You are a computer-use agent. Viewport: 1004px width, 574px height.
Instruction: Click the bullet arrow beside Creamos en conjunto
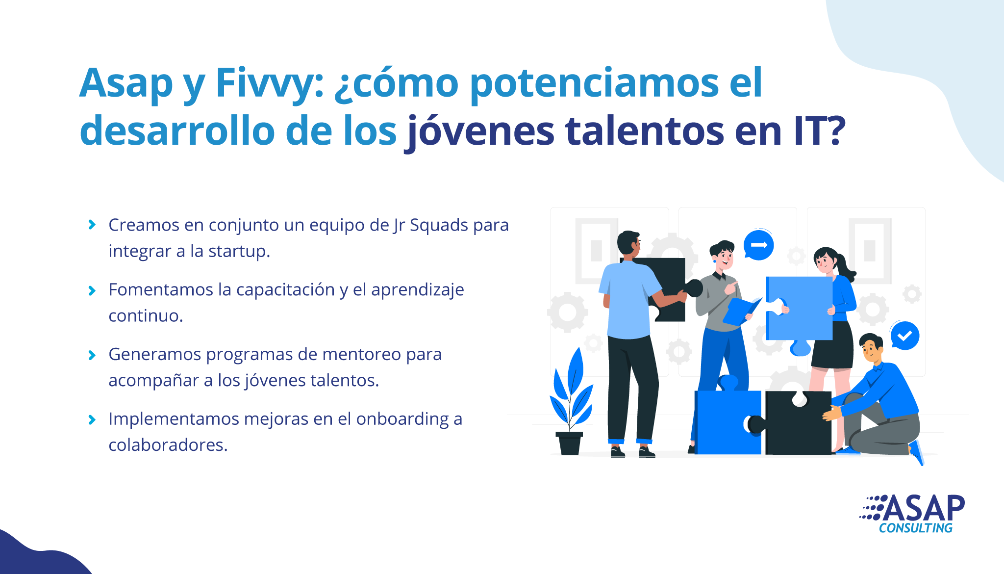tap(92, 225)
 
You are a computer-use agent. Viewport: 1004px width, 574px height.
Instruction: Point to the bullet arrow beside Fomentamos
tap(92, 290)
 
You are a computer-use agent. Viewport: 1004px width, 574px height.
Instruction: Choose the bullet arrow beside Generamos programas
tap(92, 355)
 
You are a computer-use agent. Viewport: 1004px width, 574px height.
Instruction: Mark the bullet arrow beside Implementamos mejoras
tap(92, 419)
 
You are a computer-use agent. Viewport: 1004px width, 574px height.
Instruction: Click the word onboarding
tap(402, 420)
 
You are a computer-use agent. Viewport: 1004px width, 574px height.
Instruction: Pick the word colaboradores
tap(168, 445)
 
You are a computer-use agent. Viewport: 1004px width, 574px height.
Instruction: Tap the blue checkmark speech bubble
tap(904, 336)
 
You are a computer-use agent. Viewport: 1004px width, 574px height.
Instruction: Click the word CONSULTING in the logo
tap(915, 528)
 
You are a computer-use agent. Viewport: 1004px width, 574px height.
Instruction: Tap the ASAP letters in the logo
tap(925, 508)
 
